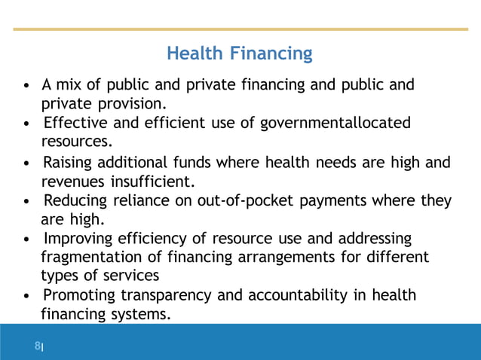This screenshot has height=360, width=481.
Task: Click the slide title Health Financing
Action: pyautogui.click(x=239, y=54)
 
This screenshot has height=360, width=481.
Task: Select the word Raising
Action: pyautogui.click(x=66, y=162)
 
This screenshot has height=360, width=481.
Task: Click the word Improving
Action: pyautogui.click(x=76, y=239)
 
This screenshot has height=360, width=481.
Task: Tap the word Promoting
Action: pyautogui.click(x=76, y=295)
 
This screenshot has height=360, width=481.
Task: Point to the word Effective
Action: pyautogui.click(x=72, y=123)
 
